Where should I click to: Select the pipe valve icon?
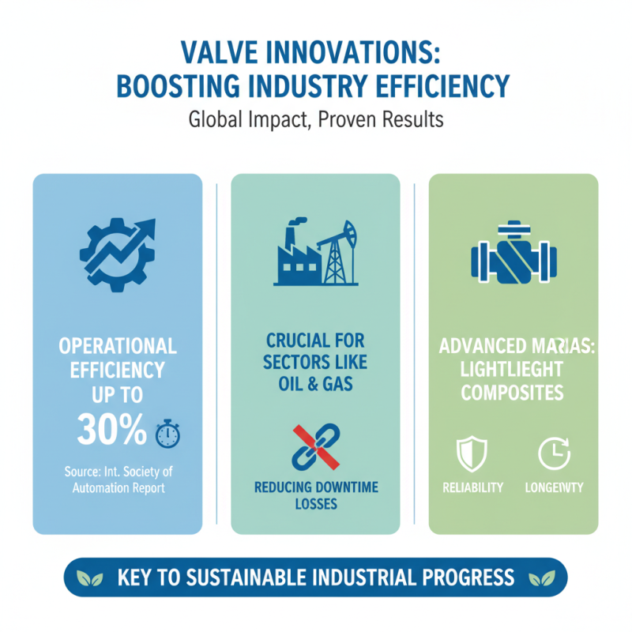513,255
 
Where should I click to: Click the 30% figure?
111,430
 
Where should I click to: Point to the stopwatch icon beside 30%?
168,433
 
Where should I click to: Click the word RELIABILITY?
473,487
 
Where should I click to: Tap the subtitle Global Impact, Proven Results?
316,121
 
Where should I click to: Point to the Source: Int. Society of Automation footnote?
118,480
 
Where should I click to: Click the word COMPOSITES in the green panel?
512,393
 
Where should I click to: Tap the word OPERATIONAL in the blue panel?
118,346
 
